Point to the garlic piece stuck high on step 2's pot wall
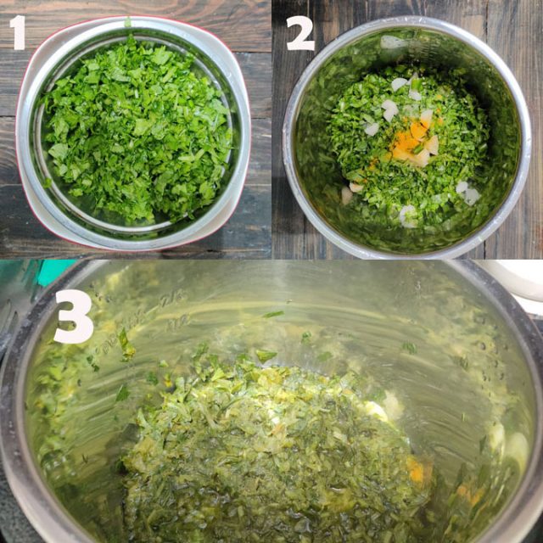[x=392, y=42]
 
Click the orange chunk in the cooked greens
[x=415, y=469]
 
